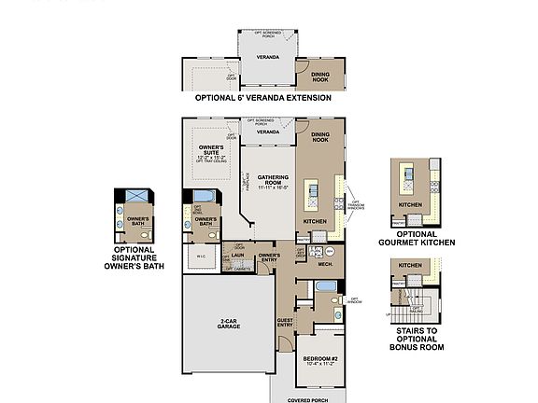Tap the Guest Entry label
point(285,323)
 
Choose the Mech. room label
point(325,264)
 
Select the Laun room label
point(239,255)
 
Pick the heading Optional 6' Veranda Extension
point(262,97)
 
